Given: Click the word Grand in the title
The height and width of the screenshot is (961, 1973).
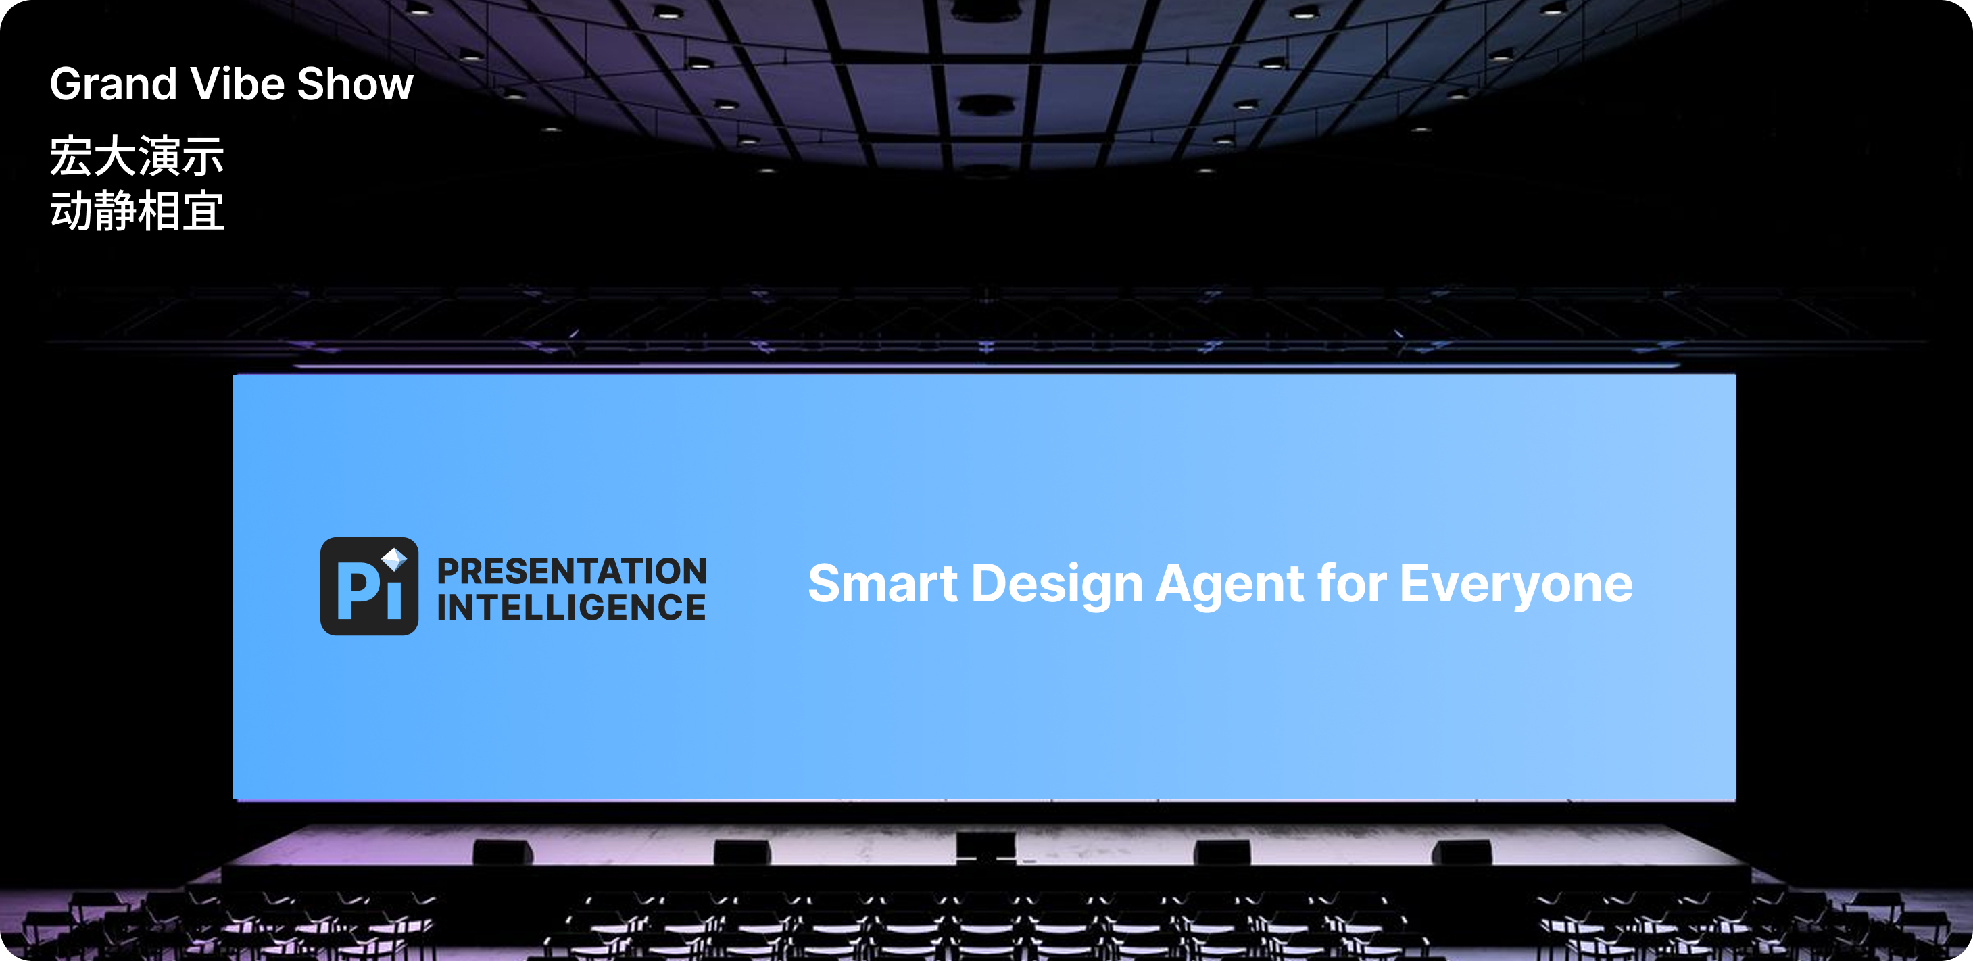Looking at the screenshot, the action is (x=114, y=84).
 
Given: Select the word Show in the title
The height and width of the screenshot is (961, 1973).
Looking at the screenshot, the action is (x=356, y=84).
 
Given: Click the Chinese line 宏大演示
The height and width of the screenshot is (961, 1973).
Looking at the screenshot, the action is (x=137, y=156).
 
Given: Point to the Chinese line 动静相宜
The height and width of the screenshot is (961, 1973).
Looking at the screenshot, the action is (x=137, y=211).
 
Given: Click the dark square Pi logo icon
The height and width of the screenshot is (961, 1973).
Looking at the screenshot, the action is (x=369, y=586).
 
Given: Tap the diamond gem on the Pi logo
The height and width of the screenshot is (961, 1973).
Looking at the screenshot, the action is (x=395, y=558).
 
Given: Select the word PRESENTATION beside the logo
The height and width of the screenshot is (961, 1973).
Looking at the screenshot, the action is (x=571, y=571).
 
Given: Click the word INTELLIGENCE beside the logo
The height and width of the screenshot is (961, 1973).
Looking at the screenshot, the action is (x=571, y=608).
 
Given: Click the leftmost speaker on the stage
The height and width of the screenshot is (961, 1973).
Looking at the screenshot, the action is (x=502, y=852).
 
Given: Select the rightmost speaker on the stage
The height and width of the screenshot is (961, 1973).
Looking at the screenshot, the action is (x=1462, y=852).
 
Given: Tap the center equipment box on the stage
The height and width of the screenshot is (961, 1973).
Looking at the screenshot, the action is (x=985, y=846).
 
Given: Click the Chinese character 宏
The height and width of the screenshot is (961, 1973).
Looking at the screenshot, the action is (x=71, y=156).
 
